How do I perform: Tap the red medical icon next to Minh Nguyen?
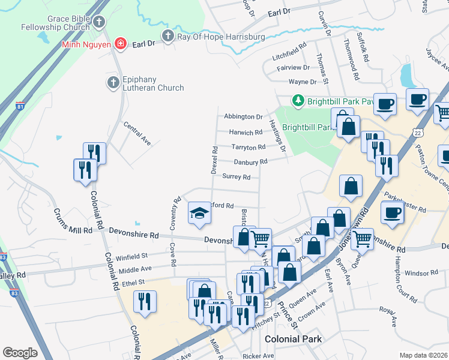(x=121, y=44)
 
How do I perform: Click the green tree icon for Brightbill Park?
(x=297, y=101)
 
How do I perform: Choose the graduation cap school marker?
(x=199, y=213)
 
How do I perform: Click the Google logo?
(x=20, y=353)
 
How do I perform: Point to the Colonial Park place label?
(x=292, y=339)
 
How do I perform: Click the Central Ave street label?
(x=137, y=134)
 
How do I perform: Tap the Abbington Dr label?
(x=243, y=117)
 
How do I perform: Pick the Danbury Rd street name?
(x=250, y=162)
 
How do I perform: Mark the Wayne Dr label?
(x=302, y=82)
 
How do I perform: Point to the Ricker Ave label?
(x=259, y=356)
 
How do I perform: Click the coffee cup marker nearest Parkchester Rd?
(x=392, y=212)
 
